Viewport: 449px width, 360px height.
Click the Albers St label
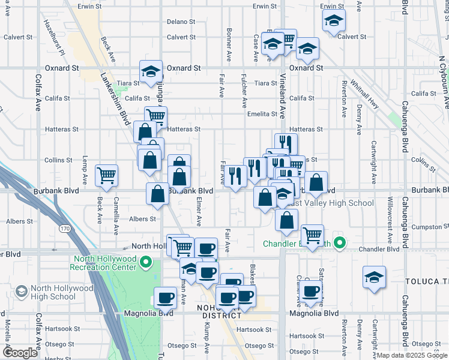coord(143,219)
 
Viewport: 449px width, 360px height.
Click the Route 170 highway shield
coord(64,229)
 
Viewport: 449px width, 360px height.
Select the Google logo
coord(20,353)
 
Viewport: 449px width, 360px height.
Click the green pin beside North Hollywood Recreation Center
coord(146,262)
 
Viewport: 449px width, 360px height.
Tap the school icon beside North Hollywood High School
coord(21,292)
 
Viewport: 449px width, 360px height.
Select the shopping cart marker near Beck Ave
coord(107,176)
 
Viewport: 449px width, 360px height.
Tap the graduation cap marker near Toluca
coord(374,278)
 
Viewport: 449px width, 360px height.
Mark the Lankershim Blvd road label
coord(116,98)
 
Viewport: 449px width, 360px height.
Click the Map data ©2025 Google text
coord(411,355)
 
